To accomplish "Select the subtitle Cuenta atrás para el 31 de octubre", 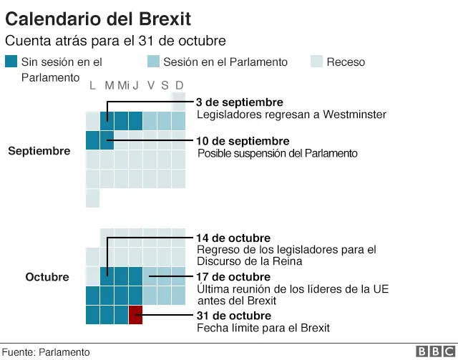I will point(115,41).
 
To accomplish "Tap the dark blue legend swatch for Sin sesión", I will point(11,62).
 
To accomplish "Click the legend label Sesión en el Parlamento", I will point(225,62).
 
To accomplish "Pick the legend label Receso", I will point(346,62).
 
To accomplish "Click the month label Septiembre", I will point(39,151).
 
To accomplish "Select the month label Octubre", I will point(47,277).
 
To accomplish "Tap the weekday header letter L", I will point(92,86).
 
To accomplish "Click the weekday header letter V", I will point(150,86).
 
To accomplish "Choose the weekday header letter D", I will point(179,86).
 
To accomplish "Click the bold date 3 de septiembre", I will point(240,102).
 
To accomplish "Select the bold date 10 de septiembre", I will point(243,141).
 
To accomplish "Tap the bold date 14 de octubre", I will point(233,238).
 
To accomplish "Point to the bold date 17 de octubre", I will point(233,276).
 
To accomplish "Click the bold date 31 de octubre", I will point(233,315).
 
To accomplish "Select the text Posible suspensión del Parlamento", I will point(277,153).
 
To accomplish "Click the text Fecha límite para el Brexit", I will point(263,328).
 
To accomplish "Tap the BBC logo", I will point(434,351).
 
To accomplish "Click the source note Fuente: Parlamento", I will point(46,352).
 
